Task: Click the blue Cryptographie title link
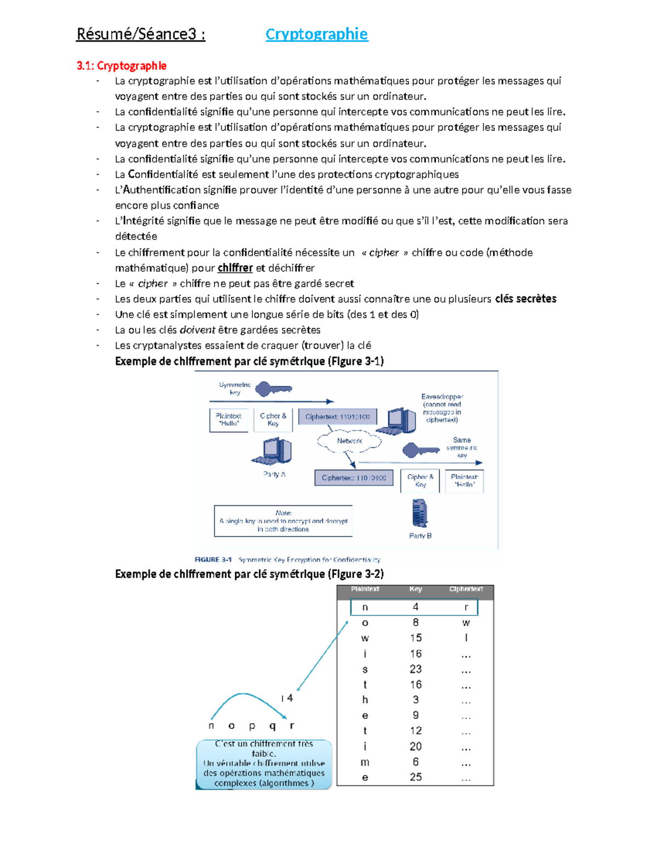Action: (x=316, y=34)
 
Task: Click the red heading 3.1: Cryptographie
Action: (x=122, y=66)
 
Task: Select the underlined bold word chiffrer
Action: (x=235, y=268)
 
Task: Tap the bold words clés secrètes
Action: (x=526, y=299)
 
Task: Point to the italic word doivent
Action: (x=197, y=330)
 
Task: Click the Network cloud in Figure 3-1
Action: (x=349, y=441)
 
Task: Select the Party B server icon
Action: (x=419, y=513)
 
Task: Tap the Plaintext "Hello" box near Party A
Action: (x=228, y=420)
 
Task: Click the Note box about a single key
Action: (x=283, y=521)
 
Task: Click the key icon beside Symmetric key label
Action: (x=274, y=389)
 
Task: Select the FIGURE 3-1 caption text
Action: (x=287, y=559)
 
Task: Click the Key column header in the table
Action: (x=416, y=589)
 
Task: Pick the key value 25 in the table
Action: (x=416, y=777)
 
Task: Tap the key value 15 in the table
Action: (x=416, y=638)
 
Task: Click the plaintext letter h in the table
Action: (x=365, y=700)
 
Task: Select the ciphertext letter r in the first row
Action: (x=466, y=607)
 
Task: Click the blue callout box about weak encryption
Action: (x=264, y=764)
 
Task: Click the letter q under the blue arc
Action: (x=272, y=726)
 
